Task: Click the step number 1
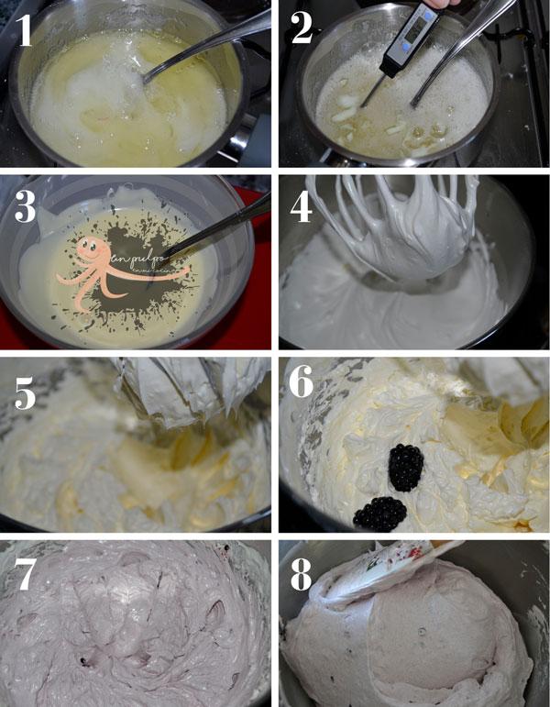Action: coord(25,31)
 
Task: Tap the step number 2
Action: coord(302,31)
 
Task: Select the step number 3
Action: coord(26,208)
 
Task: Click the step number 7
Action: coord(26,575)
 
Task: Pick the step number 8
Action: coord(302,575)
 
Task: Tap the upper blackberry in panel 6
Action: coord(405,468)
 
